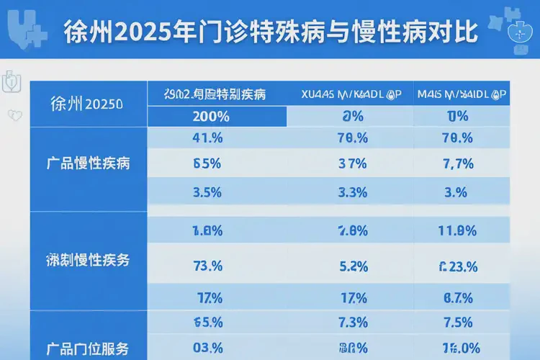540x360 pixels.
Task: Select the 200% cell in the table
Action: coord(211,117)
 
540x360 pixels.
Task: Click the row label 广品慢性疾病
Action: coord(87,163)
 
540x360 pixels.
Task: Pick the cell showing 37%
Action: coord(353,163)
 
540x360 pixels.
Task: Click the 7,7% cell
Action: coord(457,163)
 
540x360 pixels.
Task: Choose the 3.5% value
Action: coord(208,192)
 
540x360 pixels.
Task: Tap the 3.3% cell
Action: coord(353,192)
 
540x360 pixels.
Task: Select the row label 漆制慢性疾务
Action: coord(87,261)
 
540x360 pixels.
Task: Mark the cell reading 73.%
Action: coord(208,266)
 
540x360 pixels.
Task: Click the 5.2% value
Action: coord(353,266)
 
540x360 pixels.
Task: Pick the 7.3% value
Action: coord(353,321)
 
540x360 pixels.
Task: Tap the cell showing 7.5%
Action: coord(458,321)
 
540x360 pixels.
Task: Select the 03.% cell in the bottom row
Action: coord(208,346)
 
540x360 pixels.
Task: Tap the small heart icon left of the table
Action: coord(12,114)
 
